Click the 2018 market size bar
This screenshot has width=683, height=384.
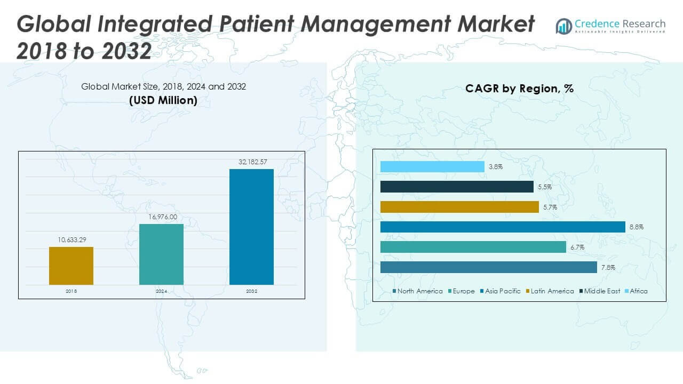(71, 266)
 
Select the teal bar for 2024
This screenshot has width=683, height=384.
(161, 254)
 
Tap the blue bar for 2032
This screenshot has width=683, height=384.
(251, 227)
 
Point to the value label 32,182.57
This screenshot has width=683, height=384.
(251, 161)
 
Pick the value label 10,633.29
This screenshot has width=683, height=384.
(71, 239)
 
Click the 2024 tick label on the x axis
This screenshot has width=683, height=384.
(161, 291)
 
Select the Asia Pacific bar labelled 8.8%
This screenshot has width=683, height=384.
(503, 227)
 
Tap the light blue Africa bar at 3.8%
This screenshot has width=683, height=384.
(432, 167)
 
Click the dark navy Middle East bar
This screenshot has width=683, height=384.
(457, 187)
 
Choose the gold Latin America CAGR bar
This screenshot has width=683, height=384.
(459, 207)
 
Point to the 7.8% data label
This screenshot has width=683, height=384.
(608, 267)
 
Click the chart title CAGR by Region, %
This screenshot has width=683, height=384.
(519, 89)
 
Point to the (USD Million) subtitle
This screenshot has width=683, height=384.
(163, 100)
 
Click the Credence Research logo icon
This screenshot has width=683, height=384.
(563, 26)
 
